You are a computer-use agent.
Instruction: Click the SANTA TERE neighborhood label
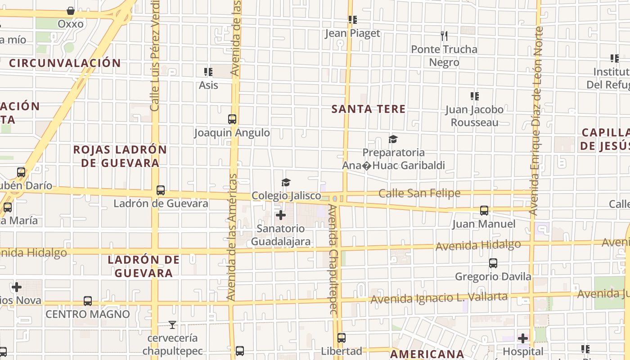(369, 109)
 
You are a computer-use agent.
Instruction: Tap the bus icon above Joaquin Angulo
(232, 119)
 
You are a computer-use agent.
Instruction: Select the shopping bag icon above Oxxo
(71, 10)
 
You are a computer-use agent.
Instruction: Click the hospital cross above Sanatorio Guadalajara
(281, 215)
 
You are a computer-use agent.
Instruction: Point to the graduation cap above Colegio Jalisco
(286, 182)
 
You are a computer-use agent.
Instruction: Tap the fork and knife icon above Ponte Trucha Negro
(444, 36)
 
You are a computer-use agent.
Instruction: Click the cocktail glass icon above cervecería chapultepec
(172, 324)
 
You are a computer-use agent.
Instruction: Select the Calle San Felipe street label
(419, 193)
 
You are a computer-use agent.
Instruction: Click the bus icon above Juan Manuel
(484, 210)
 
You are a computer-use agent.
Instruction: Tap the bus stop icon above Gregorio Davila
(493, 263)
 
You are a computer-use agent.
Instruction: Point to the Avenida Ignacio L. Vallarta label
(439, 297)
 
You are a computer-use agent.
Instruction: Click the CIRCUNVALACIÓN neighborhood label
(65, 63)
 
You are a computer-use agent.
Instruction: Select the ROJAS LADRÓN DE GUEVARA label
(120, 156)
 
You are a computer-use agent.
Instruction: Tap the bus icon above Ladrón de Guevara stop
(161, 190)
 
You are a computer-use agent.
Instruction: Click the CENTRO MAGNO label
(88, 314)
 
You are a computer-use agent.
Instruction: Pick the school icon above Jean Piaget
(353, 20)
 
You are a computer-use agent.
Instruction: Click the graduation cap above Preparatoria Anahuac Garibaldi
(393, 139)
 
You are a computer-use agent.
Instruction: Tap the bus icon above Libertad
(342, 337)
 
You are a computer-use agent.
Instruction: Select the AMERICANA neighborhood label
(427, 354)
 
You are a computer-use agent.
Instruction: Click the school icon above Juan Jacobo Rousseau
(474, 96)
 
